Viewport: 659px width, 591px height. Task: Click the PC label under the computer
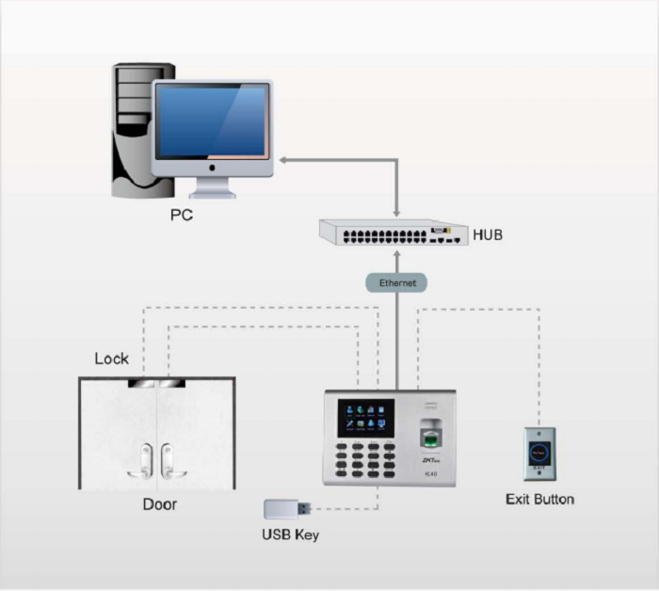(182, 215)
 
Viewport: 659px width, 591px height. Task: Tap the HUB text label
(488, 232)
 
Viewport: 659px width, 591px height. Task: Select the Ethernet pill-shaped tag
(395, 282)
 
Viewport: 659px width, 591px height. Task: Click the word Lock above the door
(112, 359)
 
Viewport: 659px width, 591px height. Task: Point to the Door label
(159, 504)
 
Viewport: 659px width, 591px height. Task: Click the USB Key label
(290, 535)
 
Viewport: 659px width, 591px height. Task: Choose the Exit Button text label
(539, 499)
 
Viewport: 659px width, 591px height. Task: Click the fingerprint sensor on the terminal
(429, 436)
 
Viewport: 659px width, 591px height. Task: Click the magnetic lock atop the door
(157, 384)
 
